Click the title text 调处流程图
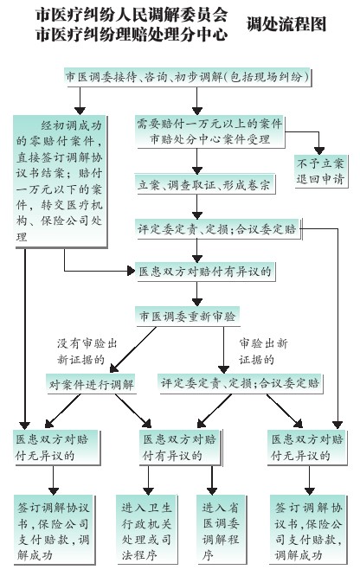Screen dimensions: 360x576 pos(286,24)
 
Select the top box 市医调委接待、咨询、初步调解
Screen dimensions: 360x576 pos(188,78)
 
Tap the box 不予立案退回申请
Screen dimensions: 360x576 pos(320,171)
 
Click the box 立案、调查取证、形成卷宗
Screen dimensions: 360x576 pos(204,185)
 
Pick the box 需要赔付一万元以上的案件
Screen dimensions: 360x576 pos(210,131)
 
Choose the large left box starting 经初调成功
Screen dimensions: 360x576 pos(60,181)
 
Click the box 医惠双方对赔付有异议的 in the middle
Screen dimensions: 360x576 pos(205,272)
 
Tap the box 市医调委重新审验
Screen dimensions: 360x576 pos(187,317)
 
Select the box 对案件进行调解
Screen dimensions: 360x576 pos(91,384)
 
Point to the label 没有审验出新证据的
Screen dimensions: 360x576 pos(87,351)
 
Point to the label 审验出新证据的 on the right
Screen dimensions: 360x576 pos(262,351)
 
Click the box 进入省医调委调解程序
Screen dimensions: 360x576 pos(221,529)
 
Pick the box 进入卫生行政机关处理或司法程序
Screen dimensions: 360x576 pos(147,529)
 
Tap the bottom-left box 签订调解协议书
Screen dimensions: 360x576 pos(54,529)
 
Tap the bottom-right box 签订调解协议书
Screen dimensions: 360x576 pos(309,529)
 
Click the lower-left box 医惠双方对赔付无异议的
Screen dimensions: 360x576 pos(57,447)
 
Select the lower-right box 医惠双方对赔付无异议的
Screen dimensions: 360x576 pos(306,447)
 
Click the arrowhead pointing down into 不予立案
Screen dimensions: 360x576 pos(319,150)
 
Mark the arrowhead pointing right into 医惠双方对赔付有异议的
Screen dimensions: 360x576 pos(131,271)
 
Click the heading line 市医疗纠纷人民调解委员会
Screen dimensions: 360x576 pos(132,15)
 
